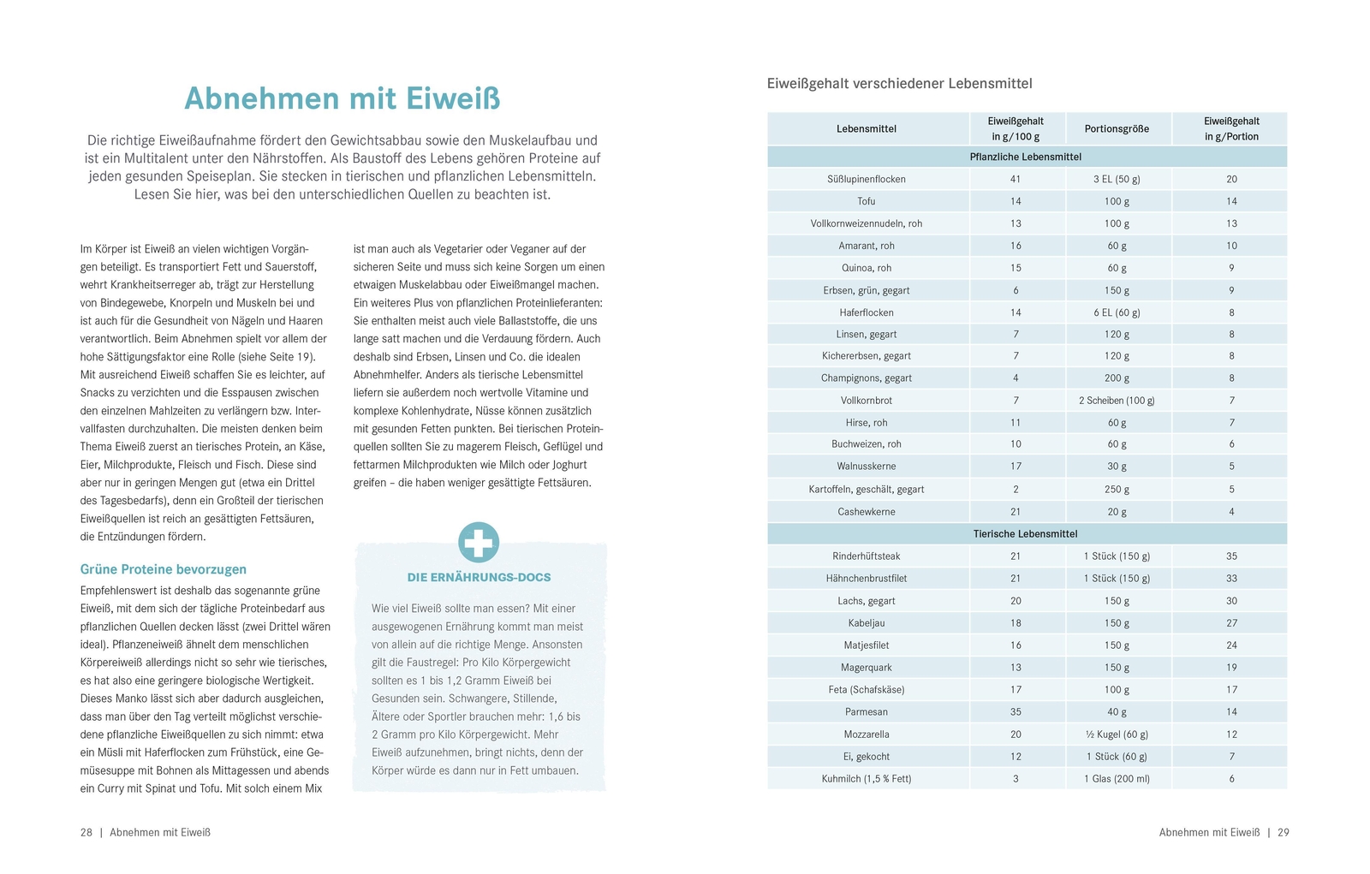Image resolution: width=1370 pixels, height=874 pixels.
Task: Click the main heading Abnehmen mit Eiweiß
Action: coord(342,98)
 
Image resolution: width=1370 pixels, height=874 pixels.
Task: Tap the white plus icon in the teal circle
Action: coord(479,543)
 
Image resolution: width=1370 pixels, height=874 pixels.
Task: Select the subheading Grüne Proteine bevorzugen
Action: coord(164,569)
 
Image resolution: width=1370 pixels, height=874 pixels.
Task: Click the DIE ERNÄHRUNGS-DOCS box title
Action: coord(479,578)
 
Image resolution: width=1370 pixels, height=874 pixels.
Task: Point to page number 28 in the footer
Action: coord(86,832)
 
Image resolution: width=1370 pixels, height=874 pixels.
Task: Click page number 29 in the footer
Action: coord(1283,832)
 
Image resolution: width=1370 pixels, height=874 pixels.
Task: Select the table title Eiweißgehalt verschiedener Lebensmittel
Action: coord(899,84)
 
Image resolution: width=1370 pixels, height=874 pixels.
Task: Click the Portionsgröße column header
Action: coord(1117,128)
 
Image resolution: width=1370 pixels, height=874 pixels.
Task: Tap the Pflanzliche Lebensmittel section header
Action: coord(1025,157)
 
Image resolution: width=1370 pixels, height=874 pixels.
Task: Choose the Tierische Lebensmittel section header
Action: coord(1025,533)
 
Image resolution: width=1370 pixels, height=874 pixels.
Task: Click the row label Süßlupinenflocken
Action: coord(867,179)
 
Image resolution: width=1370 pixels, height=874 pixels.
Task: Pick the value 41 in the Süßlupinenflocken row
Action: coord(1016,179)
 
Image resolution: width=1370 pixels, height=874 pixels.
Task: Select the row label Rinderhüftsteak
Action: coord(867,556)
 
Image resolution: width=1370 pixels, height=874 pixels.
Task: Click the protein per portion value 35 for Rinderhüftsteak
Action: coord(1231,556)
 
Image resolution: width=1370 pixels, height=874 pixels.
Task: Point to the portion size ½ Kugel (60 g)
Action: coord(1117,734)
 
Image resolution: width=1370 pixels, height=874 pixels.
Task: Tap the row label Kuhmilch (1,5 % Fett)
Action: coord(867,779)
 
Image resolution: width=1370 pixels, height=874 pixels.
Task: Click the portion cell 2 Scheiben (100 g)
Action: coord(1117,401)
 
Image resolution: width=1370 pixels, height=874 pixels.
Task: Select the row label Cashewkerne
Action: coord(867,512)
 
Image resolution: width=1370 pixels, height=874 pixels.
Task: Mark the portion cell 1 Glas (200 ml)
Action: coord(1117,779)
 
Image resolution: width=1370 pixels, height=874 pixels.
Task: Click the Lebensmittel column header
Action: coord(867,128)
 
